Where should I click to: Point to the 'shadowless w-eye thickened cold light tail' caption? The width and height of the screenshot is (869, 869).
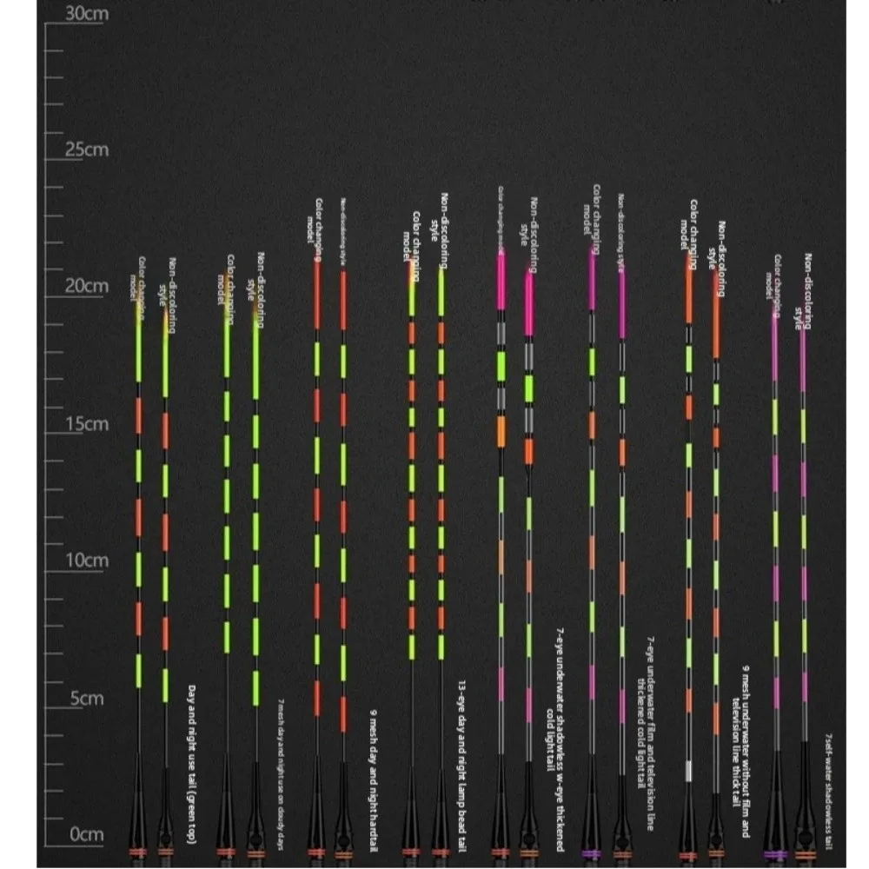tap(554, 700)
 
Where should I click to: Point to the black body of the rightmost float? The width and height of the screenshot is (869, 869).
tap(805, 804)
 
